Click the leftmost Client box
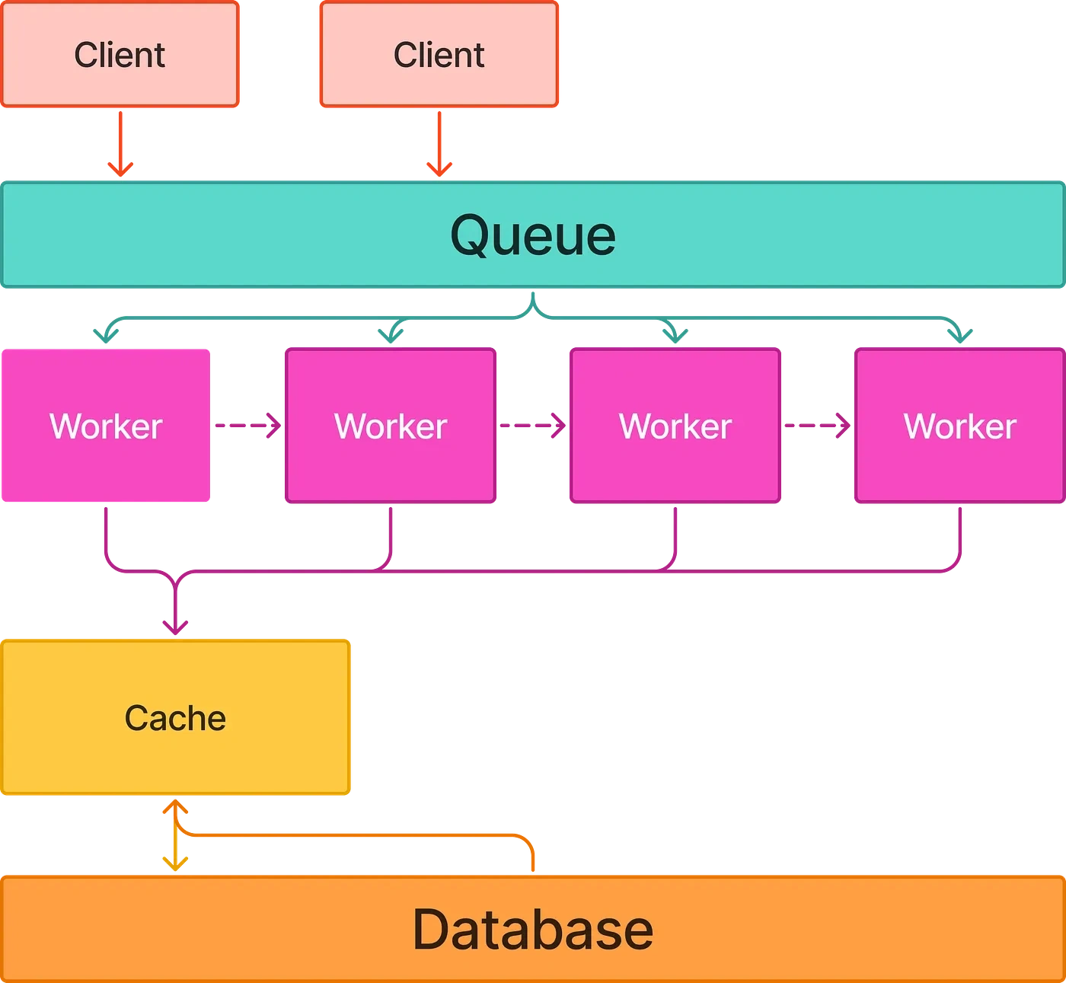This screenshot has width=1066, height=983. click(x=120, y=55)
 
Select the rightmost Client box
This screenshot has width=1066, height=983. click(x=439, y=55)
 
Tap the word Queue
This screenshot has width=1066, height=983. click(x=533, y=235)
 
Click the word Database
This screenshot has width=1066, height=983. click(x=533, y=930)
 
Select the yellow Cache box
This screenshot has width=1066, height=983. click(x=176, y=717)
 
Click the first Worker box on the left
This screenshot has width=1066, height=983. click(x=106, y=426)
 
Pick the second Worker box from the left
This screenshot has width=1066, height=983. click(x=391, y=426)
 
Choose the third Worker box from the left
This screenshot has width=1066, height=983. click(x=675, y=426)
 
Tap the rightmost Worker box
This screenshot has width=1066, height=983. click(x=959, y=426)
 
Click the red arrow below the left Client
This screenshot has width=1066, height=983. click(x=120, y=145)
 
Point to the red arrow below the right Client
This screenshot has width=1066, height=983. click(x=439, y=145)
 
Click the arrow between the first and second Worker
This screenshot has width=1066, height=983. click(x=247, y=425)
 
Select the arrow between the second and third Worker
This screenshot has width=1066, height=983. click(x=533, y=425)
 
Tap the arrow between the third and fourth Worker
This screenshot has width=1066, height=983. click(x=818, y=425)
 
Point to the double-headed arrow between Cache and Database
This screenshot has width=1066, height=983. click(x=175, y=835)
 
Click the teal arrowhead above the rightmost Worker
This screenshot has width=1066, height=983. click(x=959, y=333)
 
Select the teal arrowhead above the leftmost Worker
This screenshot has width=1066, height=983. click(x=106, y=333)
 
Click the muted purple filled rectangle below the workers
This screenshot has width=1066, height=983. click(x=245, y=532)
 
